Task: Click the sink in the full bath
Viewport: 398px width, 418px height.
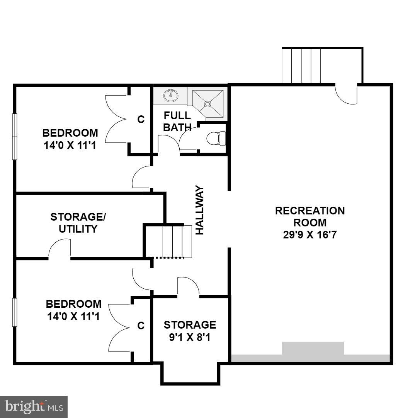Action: (x=170, y=95)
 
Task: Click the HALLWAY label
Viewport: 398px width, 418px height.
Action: (x=200, y=210)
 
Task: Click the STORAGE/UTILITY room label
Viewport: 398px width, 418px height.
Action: (x=78, y=223)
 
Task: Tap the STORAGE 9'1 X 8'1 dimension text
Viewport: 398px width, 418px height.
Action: (x=189, y=337)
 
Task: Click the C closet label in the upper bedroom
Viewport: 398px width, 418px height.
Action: (x=141, y=120)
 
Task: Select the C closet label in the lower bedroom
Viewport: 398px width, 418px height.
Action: (x=141, y=326)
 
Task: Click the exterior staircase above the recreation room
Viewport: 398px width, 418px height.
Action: (x=301, y=66)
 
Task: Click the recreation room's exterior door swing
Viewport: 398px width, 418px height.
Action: (x=346, y=94)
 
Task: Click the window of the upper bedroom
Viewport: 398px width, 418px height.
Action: (x=15, y=136)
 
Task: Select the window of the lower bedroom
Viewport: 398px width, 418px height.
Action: (x=15, y=312)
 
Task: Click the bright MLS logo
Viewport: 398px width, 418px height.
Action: (x=34, y=406)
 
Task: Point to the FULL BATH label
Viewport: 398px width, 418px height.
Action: (x=177, y=121)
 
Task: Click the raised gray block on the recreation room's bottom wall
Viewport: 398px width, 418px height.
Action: (x=313, y=348)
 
